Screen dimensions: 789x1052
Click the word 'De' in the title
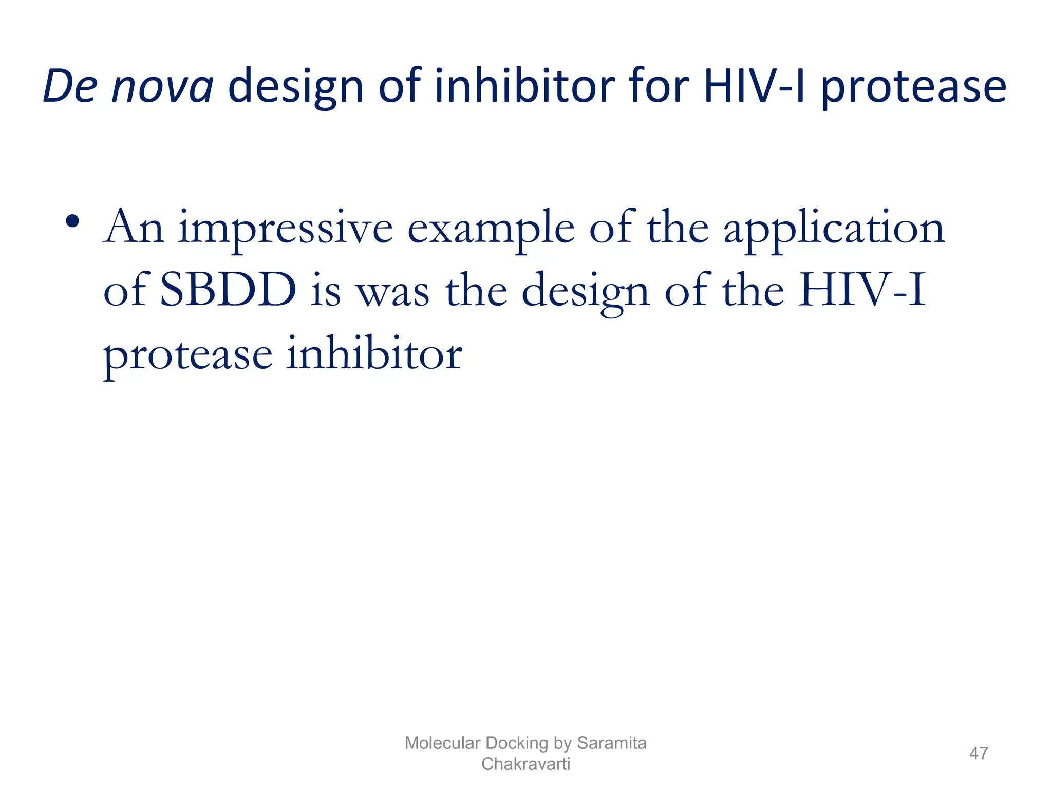[70, 86]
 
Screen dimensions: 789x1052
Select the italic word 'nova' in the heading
[162, 86]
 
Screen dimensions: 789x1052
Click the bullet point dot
[72, 222]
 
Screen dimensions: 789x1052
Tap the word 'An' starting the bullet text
[134, 228]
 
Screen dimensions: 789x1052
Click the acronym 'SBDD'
[228, 291]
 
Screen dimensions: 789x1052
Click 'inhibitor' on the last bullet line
[374, 354]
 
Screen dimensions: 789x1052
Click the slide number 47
[978, 754]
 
